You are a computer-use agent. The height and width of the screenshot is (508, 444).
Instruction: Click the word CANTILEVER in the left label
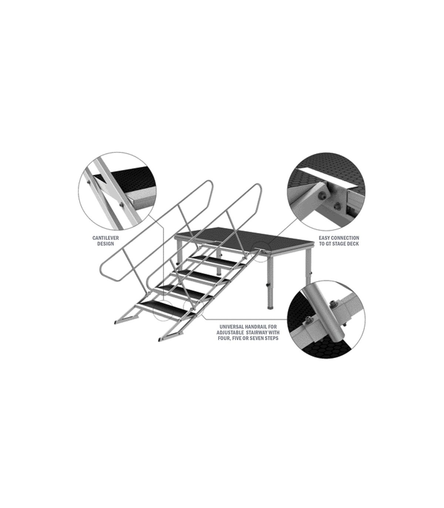click(x=105, y=238)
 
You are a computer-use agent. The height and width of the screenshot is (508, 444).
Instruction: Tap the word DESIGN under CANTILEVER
click(x=105, y=244)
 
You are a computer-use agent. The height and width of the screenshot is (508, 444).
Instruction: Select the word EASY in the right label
click(x=324, y=238)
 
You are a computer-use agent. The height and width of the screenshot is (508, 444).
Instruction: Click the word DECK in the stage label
click(x=353, y=244)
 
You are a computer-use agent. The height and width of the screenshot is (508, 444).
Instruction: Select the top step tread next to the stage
click(x=225, y=247)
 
